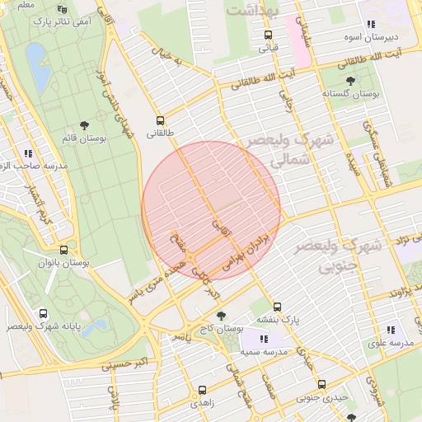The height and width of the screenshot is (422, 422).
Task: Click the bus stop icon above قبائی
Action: click(x=268, y=35)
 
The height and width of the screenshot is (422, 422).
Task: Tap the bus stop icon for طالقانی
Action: click(x=159, y=119)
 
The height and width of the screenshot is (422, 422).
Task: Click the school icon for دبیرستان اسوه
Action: click(x=371, y=24)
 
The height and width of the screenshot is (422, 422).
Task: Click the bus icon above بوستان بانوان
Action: click(x=63, y=250)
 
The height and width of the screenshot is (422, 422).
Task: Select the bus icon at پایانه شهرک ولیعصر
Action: click(x=43, y=313)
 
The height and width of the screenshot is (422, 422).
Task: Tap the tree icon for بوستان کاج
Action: click(x=220, y=315)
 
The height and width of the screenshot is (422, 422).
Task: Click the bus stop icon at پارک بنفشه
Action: click(x=278, y=306)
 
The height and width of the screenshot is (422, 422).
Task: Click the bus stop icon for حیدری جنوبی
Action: click(x=321, y=384)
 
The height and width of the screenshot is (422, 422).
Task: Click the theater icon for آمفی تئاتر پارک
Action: click(x=63, y=10)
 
